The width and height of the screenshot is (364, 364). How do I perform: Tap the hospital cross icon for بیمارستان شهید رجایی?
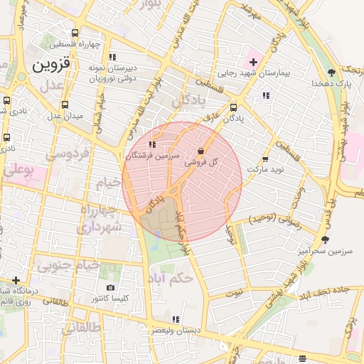tap(253, 62)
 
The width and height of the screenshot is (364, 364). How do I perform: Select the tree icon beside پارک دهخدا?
tap(331, 72)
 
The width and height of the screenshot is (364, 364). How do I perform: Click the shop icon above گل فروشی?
tap(200, 151)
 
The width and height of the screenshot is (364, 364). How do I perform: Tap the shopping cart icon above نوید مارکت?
tap(265, 159)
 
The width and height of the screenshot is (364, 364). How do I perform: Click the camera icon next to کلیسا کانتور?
tap(110, 288)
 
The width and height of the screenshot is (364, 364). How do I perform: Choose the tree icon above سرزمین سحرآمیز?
tap(326, 240)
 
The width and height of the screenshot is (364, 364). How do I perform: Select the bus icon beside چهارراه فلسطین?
tap(75, 32)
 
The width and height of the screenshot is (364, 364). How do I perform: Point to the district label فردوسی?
tap(67, 153)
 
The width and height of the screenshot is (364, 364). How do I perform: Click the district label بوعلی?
tap(22, 171)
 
